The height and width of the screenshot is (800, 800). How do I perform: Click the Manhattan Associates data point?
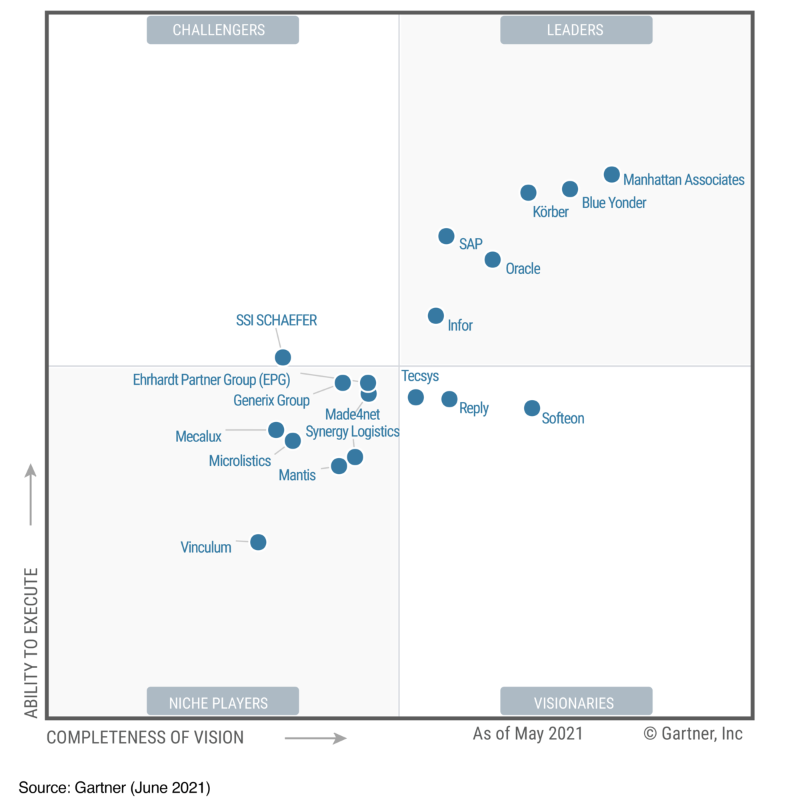(611, 175)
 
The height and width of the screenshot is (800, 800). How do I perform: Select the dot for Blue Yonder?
(570, 189)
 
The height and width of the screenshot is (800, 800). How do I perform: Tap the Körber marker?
(528, 193)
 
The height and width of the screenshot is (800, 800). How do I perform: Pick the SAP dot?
(446, 236)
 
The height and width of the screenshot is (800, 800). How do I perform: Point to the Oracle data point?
(493, 259)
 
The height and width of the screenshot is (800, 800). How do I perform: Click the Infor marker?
(435, 315)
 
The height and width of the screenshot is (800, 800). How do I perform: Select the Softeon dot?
(531, 407)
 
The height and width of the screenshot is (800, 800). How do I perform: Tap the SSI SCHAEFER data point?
(283, 357)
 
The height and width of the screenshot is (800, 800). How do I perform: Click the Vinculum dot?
(258, 542)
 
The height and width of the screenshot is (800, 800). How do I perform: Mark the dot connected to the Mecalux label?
(276, 429)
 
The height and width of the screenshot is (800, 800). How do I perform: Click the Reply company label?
(473, 408)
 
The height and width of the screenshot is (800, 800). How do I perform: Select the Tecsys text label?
(420, 376)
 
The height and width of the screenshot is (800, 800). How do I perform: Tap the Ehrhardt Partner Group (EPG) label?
(211, 380)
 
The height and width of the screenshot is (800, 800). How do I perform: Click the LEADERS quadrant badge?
(576, 30)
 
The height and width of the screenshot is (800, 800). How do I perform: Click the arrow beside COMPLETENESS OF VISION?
(315, 738)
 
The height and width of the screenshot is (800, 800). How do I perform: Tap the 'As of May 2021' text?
(527, 734)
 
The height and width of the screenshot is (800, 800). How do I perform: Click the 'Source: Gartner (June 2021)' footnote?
(115, 787)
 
